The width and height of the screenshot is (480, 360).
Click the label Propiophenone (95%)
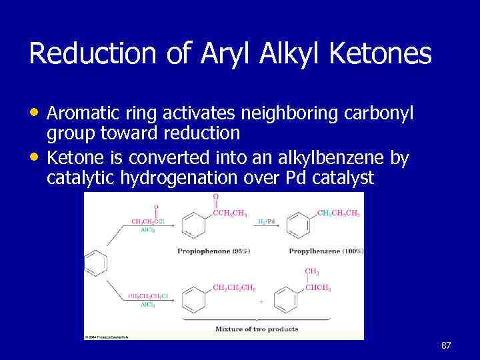[x=213, y=251]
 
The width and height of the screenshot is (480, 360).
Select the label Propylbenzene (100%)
[x=326, y=251]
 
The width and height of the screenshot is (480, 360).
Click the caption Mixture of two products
[x=257, y=329]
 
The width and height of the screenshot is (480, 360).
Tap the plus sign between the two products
[x=261, y=301]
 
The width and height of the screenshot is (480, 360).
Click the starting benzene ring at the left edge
[x=96, y=263]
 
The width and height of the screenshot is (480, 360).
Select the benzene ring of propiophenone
[x=197, y=225]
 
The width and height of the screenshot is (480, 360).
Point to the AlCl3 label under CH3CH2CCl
[x=147, y=230]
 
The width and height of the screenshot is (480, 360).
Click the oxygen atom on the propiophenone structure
[x=215, y=197]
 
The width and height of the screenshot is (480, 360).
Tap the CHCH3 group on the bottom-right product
[x=318, y=288]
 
